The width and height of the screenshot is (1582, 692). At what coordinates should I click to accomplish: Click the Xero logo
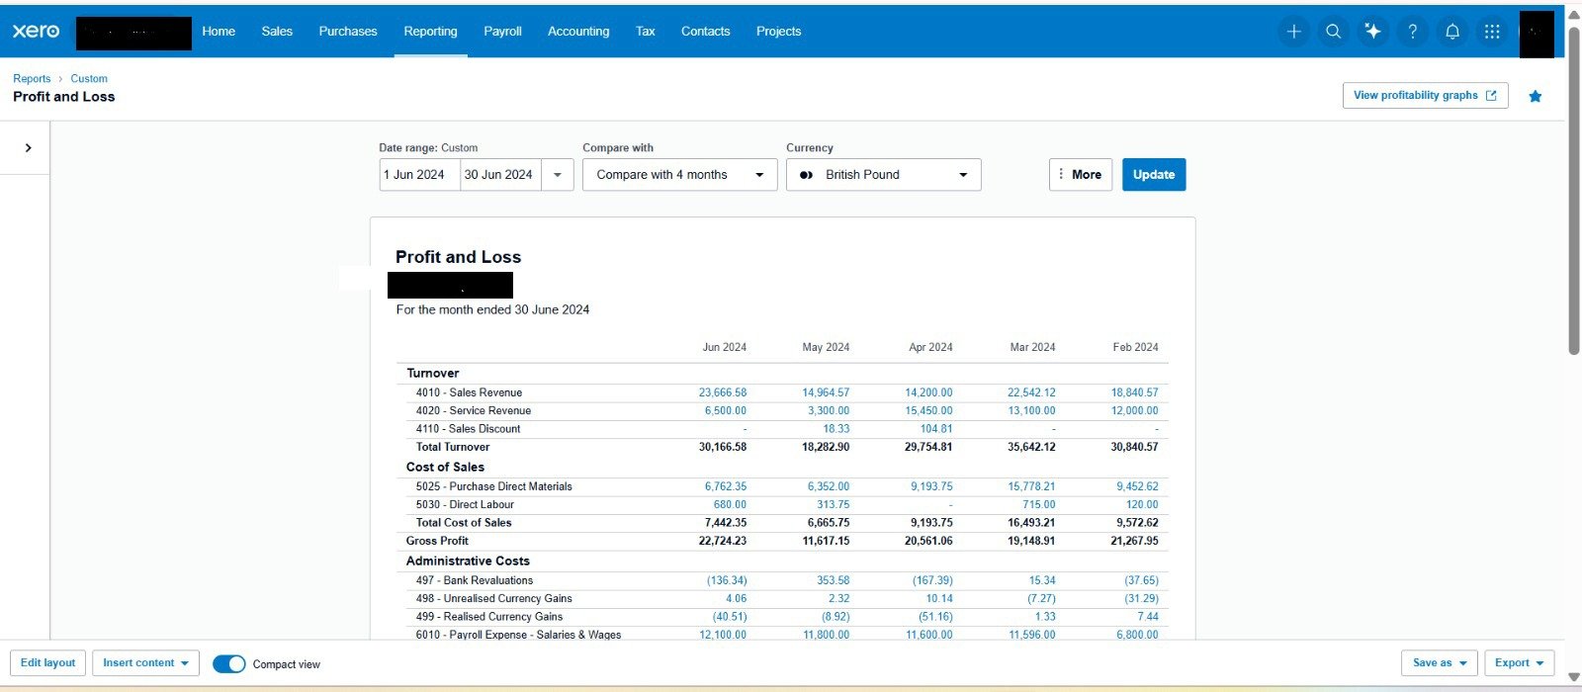coord(36,31)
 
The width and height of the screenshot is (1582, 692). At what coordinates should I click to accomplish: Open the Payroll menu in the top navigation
coord(502,31)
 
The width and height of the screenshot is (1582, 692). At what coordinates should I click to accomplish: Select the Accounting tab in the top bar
coord(578,31)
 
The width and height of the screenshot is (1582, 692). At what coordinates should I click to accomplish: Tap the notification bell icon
coord(1452,31)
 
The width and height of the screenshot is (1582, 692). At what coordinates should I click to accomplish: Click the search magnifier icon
coord(1333,31)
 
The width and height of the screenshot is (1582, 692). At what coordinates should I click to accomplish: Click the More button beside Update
coord(1081,174)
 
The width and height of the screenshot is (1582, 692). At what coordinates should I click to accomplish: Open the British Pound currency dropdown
coord(884,174)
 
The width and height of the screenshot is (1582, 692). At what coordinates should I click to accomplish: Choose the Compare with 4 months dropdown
coord(679,174)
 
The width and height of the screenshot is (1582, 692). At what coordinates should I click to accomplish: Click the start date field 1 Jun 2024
coord(419,174)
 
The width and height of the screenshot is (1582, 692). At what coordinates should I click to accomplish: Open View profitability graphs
coord(1425,95)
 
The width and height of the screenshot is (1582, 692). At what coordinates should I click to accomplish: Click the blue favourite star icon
coord(1536,96)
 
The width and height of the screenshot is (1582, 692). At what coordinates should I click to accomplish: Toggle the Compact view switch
coord(228,663)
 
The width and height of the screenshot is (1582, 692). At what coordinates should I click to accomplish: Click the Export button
coord(1519,663)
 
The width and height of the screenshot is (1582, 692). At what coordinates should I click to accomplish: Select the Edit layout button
coord(48,663)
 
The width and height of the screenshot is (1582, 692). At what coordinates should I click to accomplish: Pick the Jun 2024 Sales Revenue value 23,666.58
coord(723,392)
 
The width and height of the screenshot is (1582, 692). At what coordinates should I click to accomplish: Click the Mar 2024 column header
coord(1032,347)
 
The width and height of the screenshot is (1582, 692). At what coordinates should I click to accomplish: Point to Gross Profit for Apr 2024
coord(928,541)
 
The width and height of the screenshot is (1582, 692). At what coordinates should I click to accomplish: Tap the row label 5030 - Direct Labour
coord(465,505)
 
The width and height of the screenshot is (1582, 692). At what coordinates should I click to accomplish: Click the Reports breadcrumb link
coord(32,78)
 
